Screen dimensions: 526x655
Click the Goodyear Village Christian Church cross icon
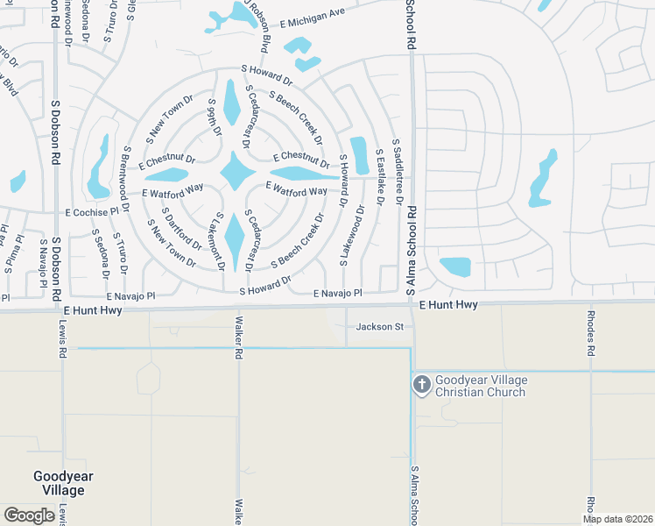422,384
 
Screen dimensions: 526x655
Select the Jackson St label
378,327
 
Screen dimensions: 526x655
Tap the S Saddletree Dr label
398,170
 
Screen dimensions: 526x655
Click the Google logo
29,515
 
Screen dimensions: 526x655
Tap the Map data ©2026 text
616,519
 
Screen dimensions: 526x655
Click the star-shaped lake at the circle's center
236,171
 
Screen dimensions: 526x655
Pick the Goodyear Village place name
63,483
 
